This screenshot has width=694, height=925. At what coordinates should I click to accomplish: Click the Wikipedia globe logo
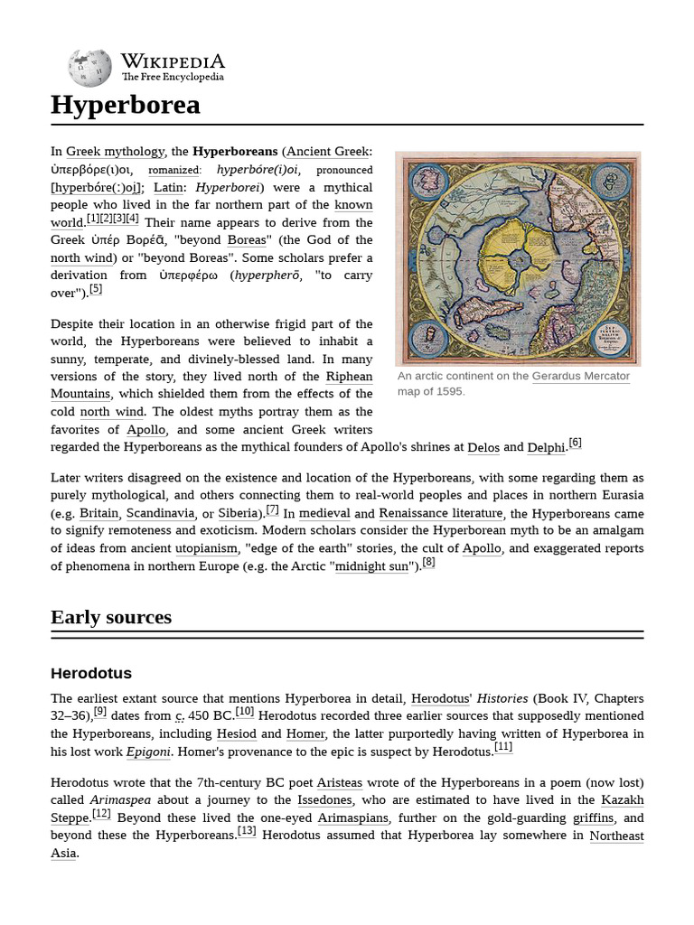pos(89,68)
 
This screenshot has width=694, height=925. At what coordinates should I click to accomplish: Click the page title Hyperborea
pos(125,106)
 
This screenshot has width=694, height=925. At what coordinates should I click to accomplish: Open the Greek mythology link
pos(115,152)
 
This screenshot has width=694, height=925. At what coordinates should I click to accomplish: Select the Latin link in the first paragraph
pos(168,187)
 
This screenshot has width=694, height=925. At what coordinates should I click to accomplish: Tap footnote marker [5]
pos(96,289)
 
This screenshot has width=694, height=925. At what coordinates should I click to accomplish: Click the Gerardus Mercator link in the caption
pos(580,376)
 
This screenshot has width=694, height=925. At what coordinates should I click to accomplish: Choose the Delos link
pos(483,447)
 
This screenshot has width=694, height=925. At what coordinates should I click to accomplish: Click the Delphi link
pos(546,447)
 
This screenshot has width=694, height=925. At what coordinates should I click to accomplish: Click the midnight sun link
pos(371,566)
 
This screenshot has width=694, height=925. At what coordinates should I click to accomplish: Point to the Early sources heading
pos(111,618)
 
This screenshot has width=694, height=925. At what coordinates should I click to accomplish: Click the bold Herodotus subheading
pos(91,673)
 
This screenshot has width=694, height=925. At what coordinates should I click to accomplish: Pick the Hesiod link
pos(237,733)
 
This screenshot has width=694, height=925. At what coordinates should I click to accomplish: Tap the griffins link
pos(593,818)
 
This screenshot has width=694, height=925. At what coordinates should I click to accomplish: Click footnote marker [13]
pos(247,832)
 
